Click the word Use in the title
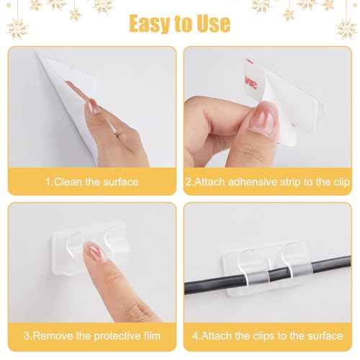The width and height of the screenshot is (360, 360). pyautogui.click(x=213, y=23)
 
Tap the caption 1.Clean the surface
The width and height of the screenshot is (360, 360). pyautogui.click(x=91, y=181)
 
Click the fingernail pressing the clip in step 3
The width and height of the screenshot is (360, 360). pyautogui.click(x=95, y=251)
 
